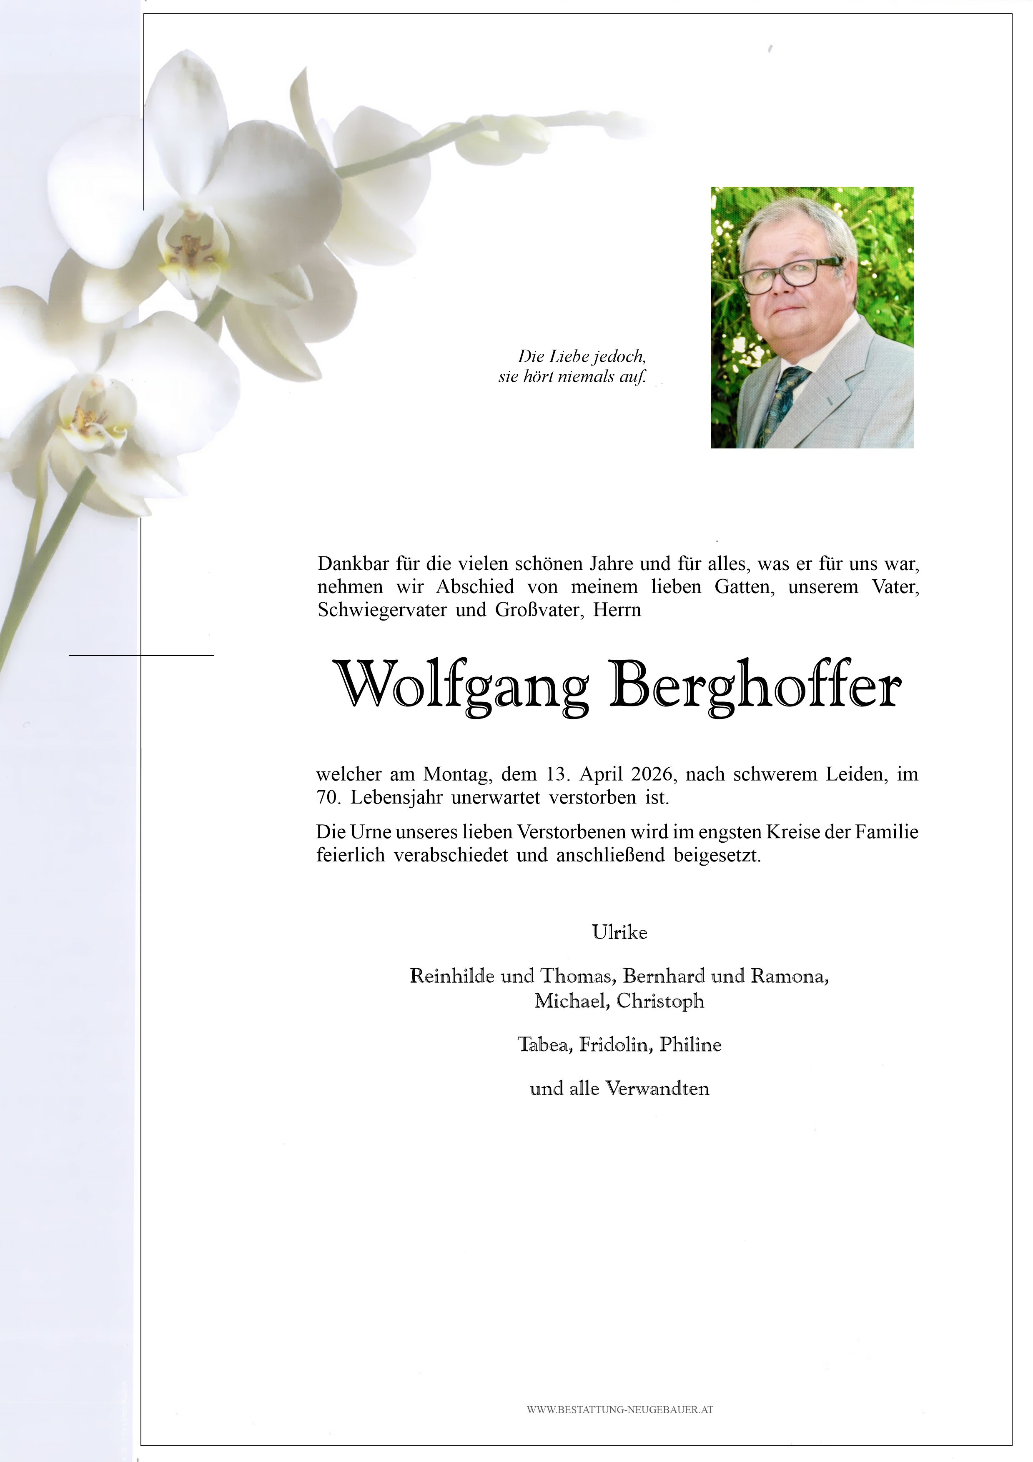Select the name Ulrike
619,933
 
